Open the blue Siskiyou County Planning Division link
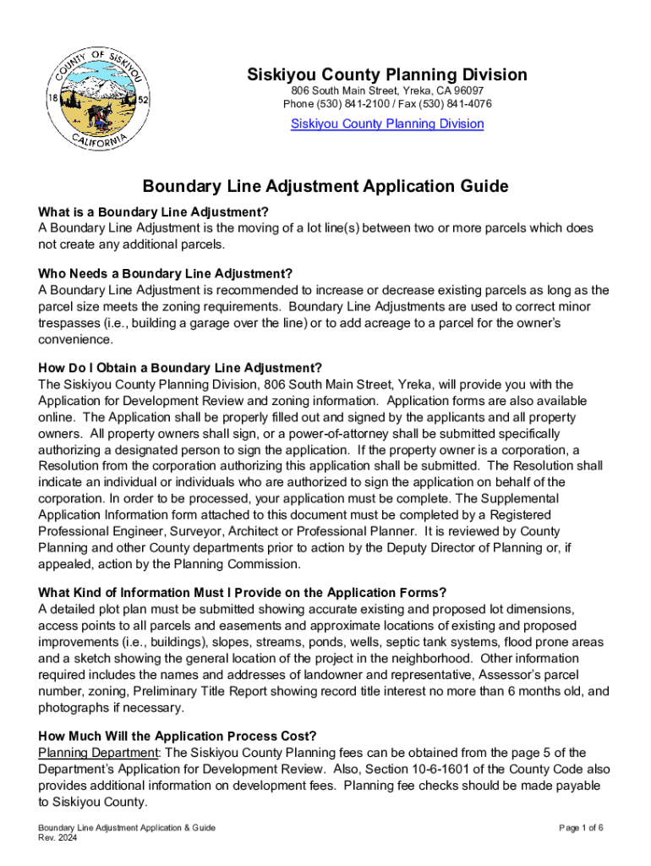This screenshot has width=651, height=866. (387, 123)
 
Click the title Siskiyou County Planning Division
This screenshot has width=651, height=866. (387, 74)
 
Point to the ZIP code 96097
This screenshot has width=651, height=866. (467, 90)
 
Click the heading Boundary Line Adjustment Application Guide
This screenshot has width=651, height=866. (325, 186)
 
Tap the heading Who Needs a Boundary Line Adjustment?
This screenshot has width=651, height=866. (166, 273)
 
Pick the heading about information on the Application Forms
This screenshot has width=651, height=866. (243, 592)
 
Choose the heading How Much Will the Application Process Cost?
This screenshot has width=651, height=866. (178, 736)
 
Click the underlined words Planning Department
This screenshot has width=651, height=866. (98, 753)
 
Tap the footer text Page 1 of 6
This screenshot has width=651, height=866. (581, 828)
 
